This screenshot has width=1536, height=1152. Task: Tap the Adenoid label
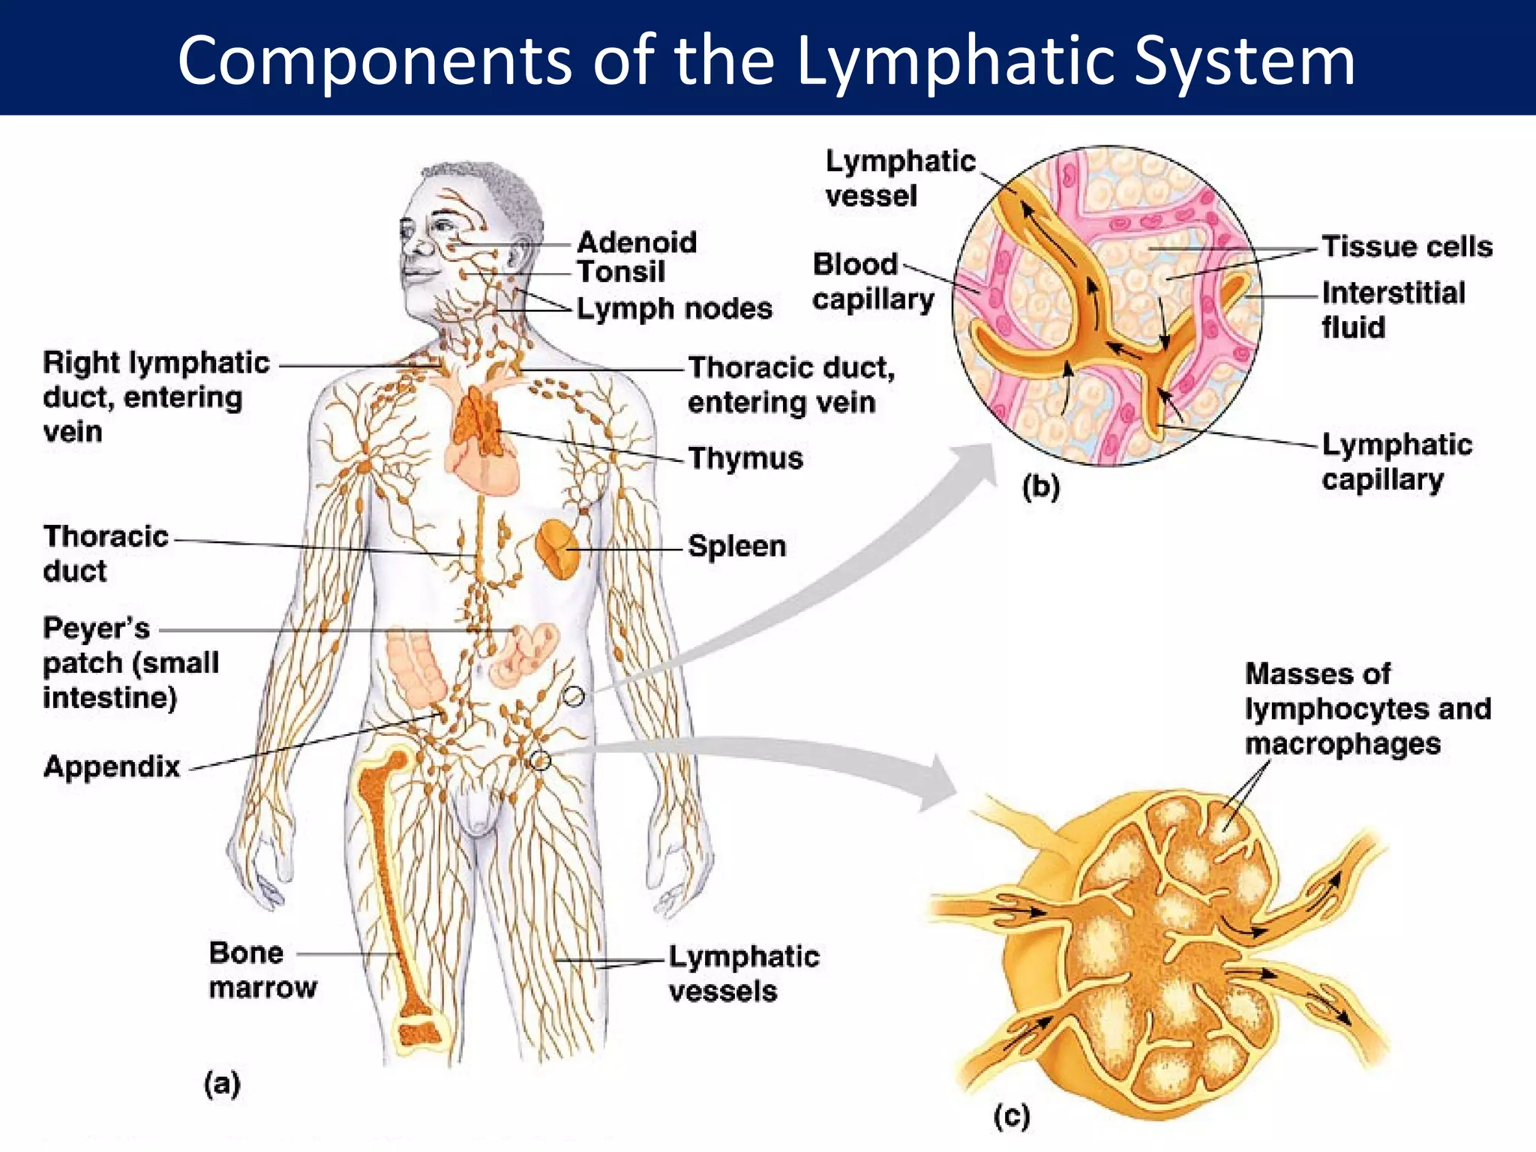tap(637, 242)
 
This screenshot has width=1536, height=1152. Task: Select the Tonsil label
tap(620, 271)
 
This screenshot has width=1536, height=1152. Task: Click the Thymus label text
tap(745, 458)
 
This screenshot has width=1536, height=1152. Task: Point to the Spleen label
tap(736, 546)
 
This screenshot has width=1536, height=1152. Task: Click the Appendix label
tap(112, 766)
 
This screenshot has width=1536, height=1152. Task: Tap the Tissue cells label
tap(1406, 247)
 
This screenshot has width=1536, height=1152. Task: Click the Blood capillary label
tap(872, 282)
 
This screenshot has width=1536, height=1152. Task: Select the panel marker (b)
tap(1041, 487)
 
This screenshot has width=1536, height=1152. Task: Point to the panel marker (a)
tap(222, 1084)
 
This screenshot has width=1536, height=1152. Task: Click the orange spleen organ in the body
tap(557, 550)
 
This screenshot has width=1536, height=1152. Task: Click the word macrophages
tap(1342, 744)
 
